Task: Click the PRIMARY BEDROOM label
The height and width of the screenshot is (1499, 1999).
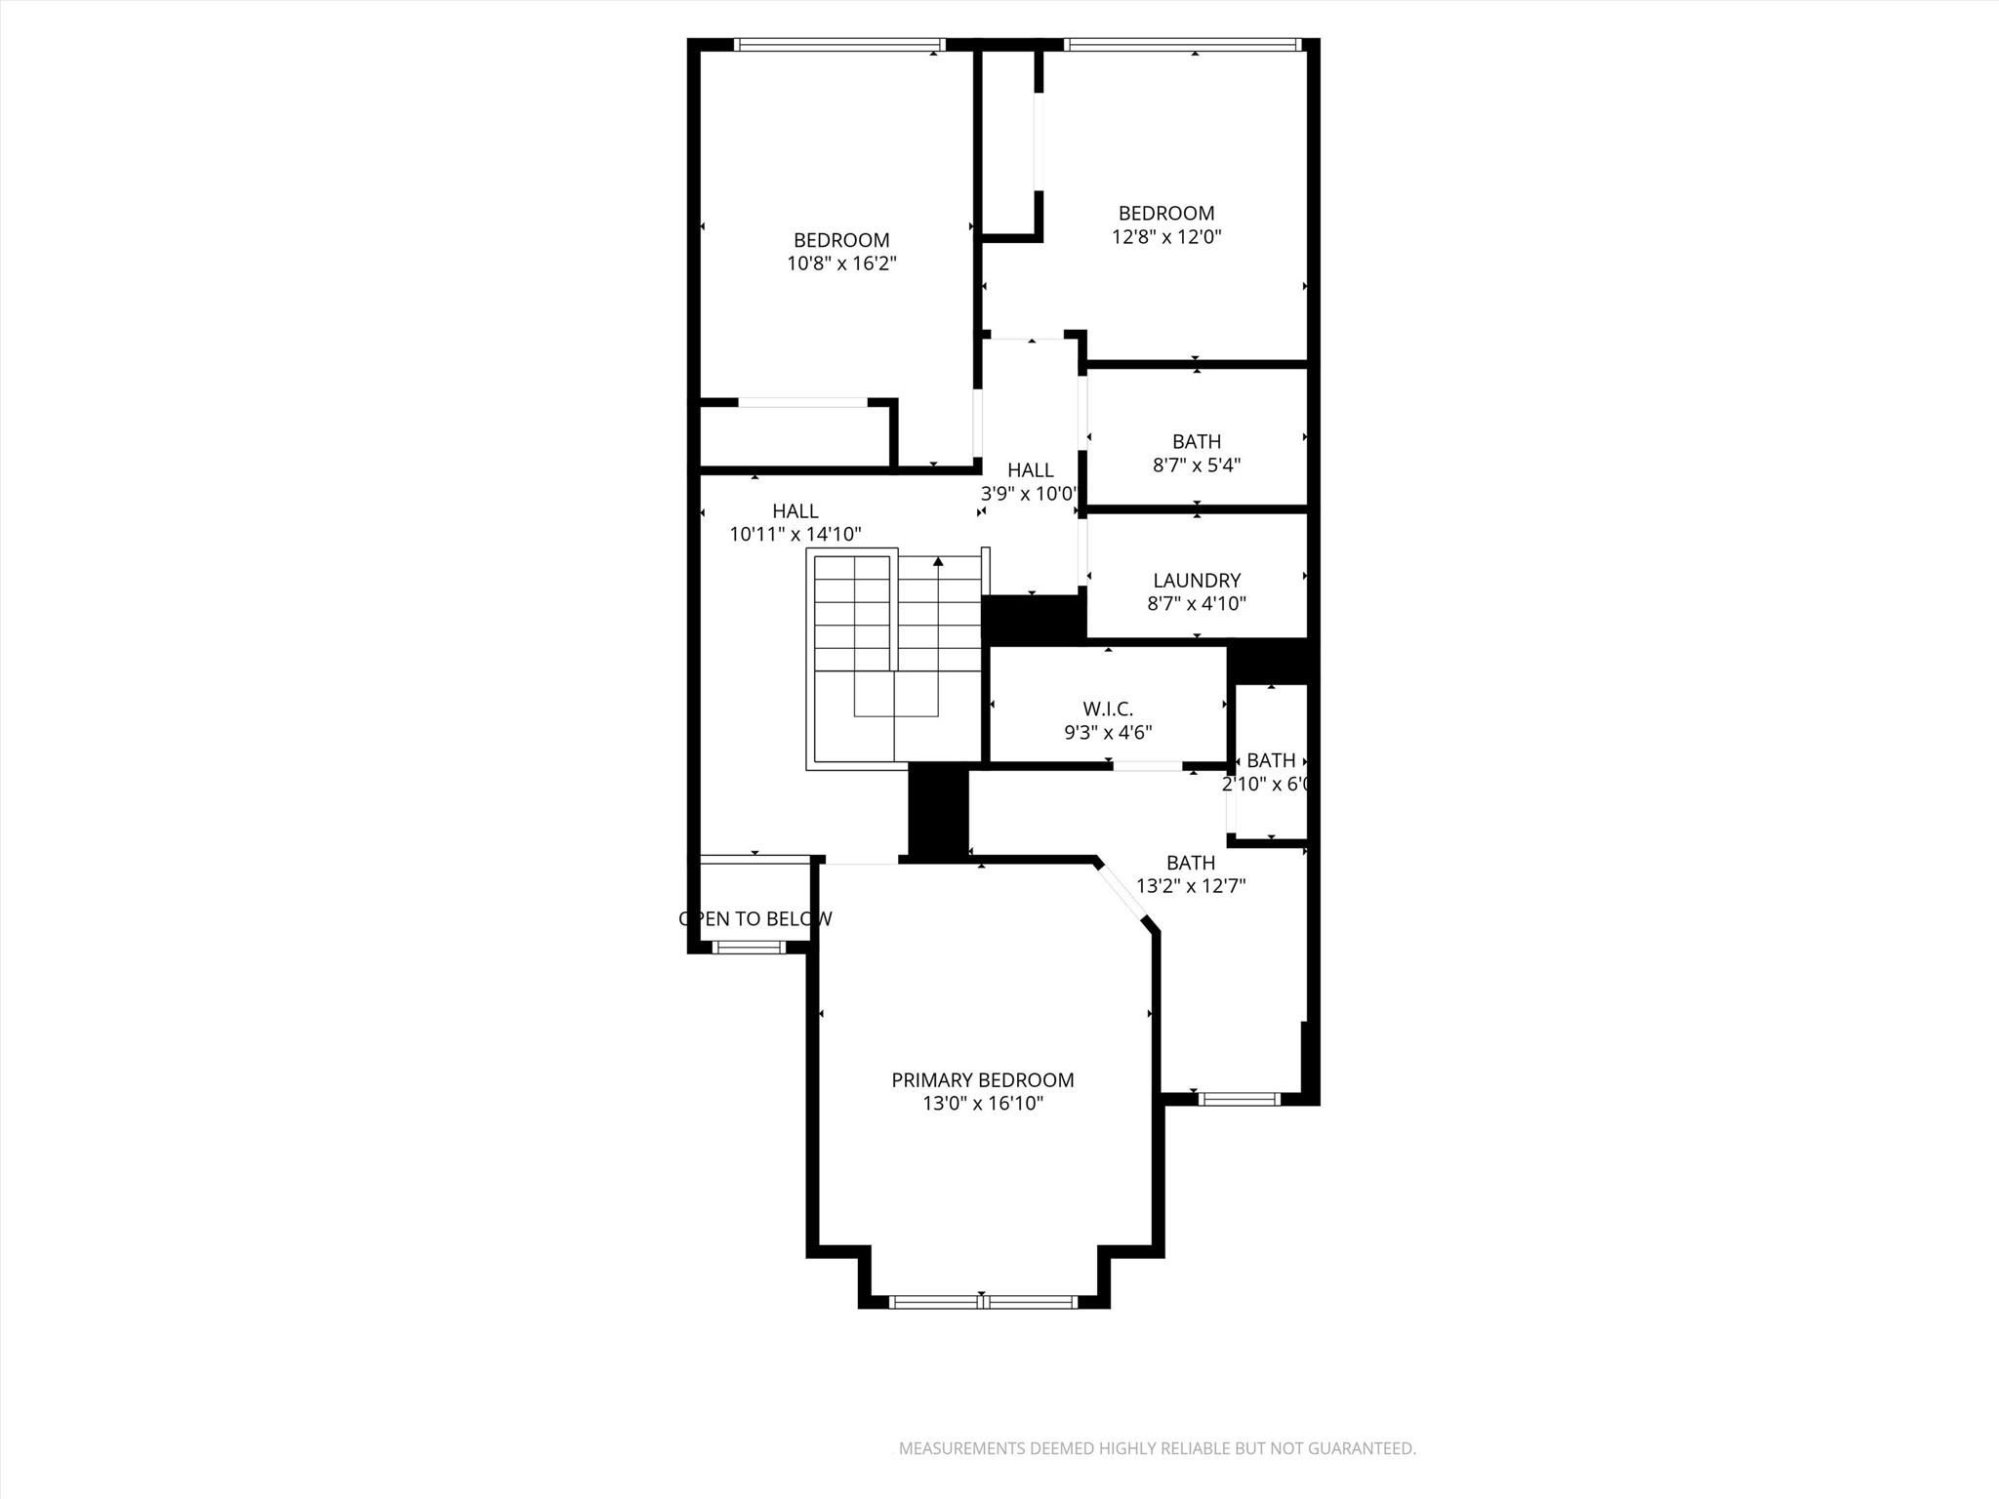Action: [983, 1080]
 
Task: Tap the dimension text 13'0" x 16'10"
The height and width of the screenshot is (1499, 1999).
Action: [983, 1104]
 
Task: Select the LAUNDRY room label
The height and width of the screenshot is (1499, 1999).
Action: [1197, 581]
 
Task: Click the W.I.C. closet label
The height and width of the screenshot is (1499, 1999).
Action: [1108, 709]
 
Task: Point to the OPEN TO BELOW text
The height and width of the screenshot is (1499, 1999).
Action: [755, 918]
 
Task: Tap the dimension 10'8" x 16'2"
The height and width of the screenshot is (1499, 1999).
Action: [841, 263]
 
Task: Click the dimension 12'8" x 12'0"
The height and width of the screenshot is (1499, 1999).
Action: [1166, 236]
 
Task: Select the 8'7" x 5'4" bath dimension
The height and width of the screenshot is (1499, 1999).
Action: [1197, 466]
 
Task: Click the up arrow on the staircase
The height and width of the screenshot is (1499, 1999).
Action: [938, 561]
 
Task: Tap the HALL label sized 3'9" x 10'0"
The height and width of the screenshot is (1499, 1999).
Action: [1031, 470]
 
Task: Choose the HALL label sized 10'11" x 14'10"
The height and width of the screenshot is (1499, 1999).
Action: [796, 511]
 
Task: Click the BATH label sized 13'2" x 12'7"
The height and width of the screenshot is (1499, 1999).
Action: [1191, 863]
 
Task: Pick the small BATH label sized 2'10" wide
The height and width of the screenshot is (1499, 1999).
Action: [1271, 760]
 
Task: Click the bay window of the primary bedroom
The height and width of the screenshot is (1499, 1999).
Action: [984, 1301]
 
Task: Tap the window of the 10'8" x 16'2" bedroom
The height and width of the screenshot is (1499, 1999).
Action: [839, 44]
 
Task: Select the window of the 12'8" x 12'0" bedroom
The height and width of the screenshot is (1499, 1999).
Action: [1182, 44]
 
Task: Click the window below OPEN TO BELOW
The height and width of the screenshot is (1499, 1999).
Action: [748, 947]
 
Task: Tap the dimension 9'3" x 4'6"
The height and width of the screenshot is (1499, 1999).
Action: [1108, 733]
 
